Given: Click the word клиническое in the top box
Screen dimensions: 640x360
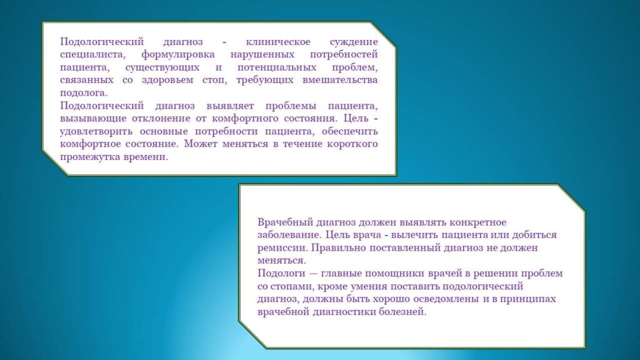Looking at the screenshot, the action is [x=278, y=42].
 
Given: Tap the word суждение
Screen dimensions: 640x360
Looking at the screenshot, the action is [x=354, y=42].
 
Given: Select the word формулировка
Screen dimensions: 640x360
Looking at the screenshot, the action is [x=178, y=55].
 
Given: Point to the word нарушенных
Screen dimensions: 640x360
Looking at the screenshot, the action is [x=262, y=55].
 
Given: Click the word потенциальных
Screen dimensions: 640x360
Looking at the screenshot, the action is [x=277, y=67].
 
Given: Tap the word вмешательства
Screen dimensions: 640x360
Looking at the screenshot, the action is [x=340, y=80].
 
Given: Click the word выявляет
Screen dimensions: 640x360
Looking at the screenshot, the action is [x=230, y=106].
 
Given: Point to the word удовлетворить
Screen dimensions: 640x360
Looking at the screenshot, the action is [x=96, y=131].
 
